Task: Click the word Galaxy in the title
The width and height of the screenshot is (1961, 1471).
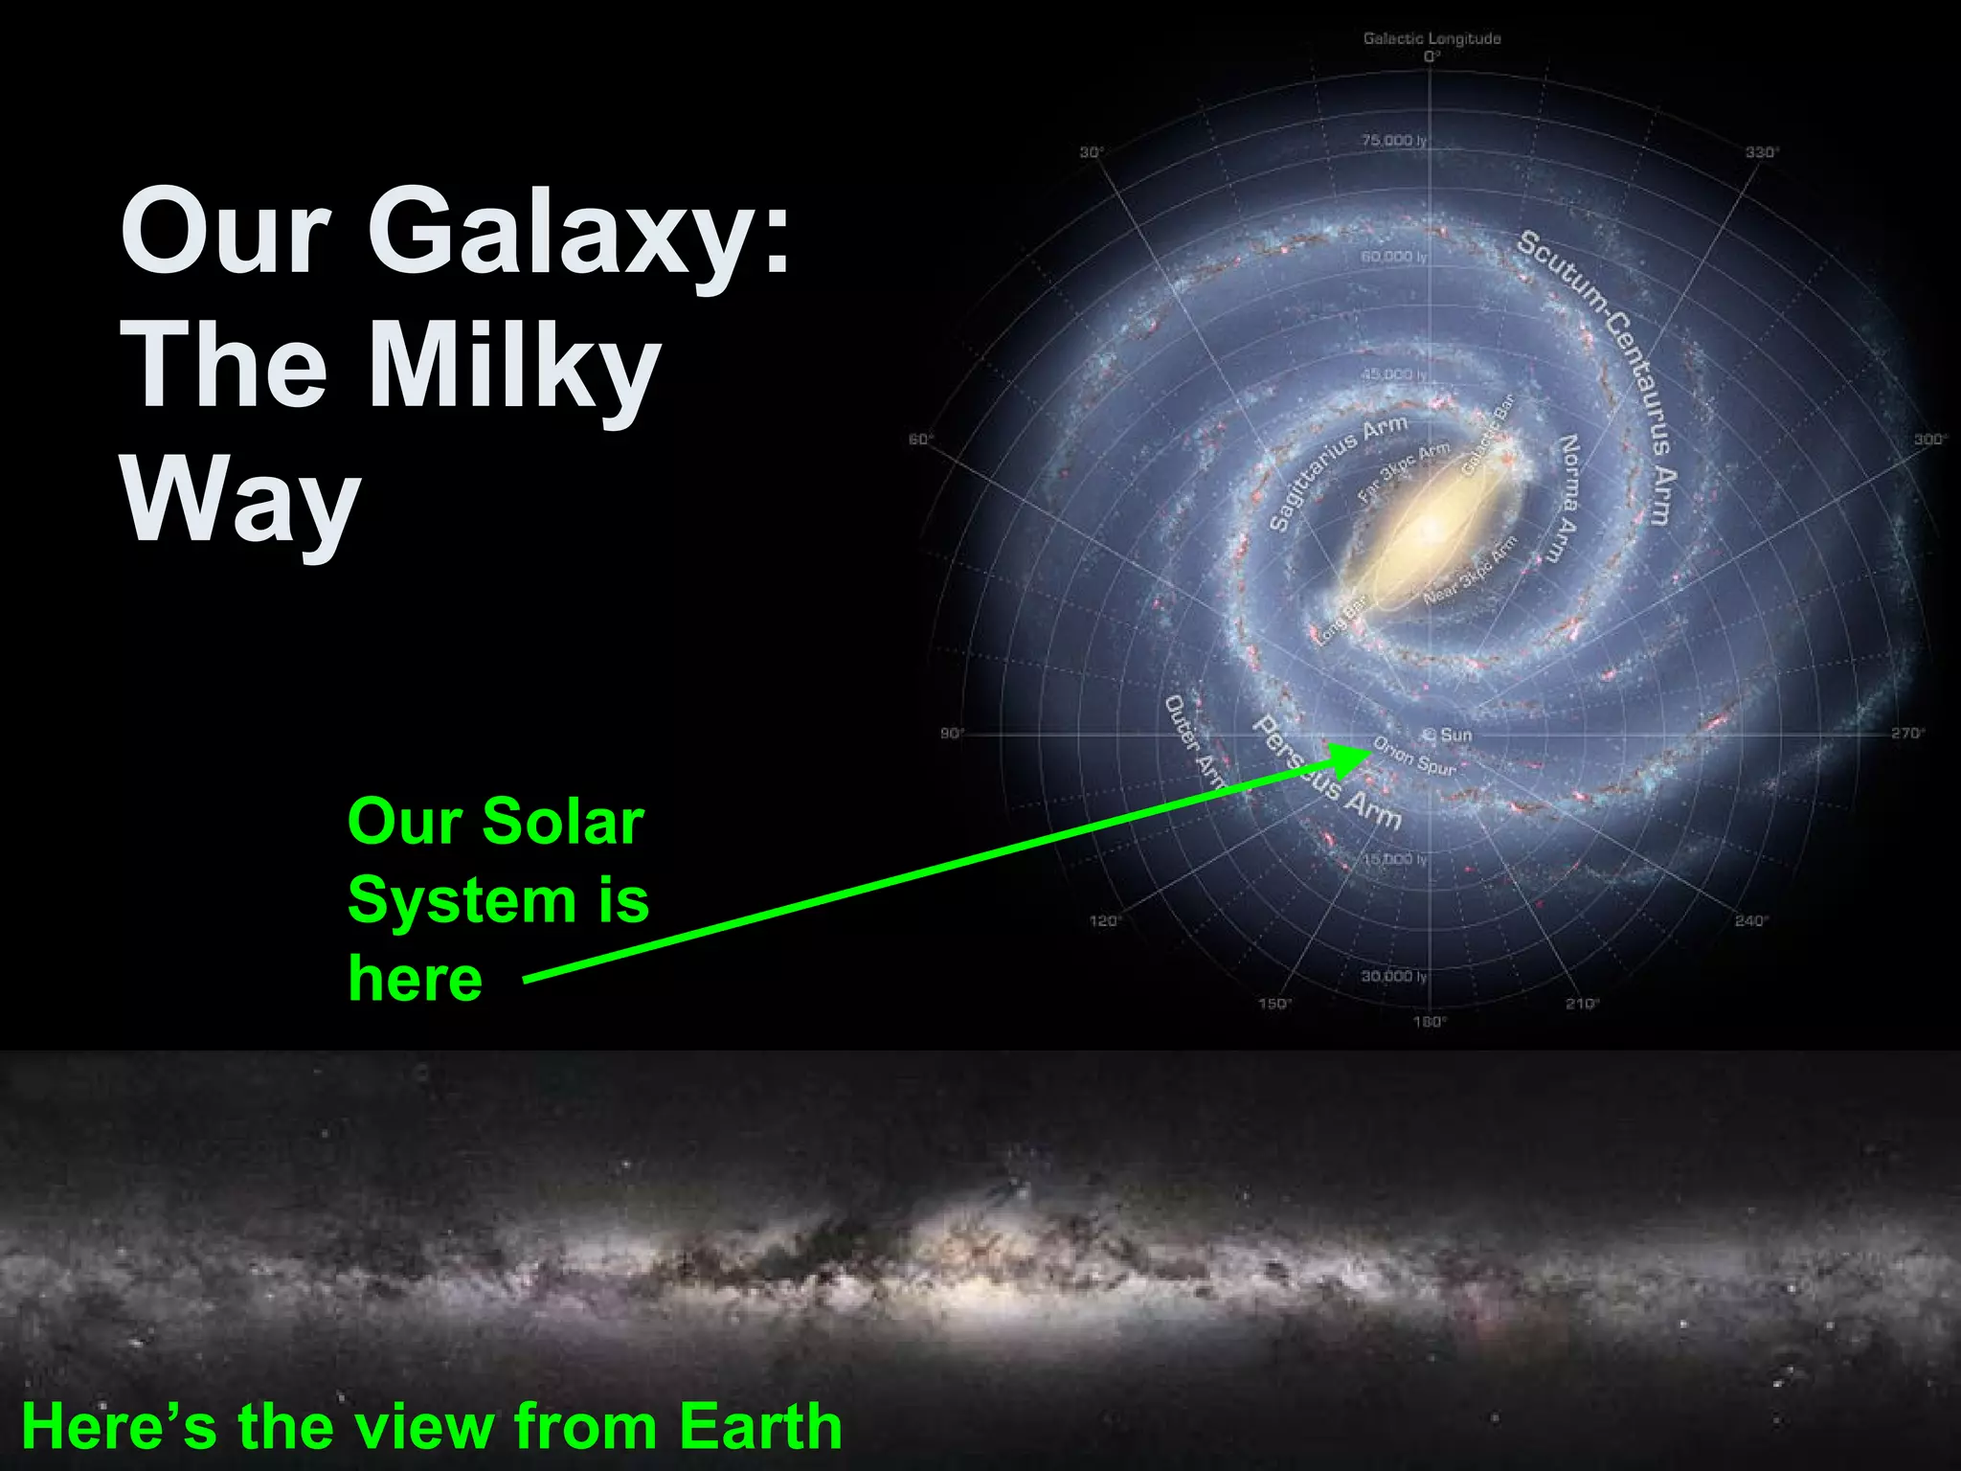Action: (579, 233)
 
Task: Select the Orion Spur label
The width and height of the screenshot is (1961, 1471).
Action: (1414, 756)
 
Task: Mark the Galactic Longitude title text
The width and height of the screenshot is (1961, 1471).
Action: (1431, 38)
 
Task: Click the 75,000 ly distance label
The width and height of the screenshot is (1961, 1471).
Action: (1394, 141)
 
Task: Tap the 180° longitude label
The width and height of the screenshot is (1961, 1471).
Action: (1430, 1022)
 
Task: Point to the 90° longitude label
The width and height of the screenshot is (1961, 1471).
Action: (952, 734)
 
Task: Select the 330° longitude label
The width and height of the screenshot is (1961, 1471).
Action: (1761, 152)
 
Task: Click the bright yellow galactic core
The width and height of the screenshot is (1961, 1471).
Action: (1430, 526)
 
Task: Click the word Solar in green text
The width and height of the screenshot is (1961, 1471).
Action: (563, 822)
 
